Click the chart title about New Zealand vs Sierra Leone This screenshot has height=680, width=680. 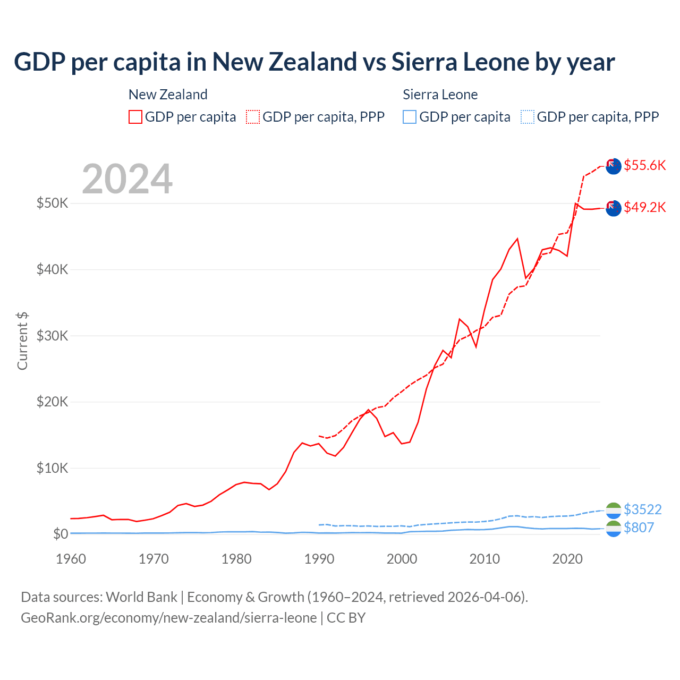314,62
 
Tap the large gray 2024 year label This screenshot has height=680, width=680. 127,179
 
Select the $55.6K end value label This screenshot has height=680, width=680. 644,165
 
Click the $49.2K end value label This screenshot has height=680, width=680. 644,207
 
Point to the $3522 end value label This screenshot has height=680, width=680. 642,509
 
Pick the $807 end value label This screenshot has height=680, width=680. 639,528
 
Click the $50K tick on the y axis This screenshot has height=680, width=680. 52,203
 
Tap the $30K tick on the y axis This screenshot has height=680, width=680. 52,336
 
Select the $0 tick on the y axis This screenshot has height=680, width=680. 60,534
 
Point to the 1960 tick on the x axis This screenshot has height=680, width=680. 71,559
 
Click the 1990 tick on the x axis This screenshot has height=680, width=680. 319,559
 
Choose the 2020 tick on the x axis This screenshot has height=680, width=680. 567,559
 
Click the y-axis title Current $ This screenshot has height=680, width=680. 22,341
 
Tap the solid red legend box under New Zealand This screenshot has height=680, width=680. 135,117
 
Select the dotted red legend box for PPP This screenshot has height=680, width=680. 253,117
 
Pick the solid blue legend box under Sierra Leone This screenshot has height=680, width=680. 410,117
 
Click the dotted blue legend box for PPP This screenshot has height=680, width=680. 528,117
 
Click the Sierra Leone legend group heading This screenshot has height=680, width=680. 440,95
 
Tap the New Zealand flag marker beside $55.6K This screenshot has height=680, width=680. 613,166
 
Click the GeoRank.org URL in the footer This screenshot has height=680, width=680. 168,618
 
